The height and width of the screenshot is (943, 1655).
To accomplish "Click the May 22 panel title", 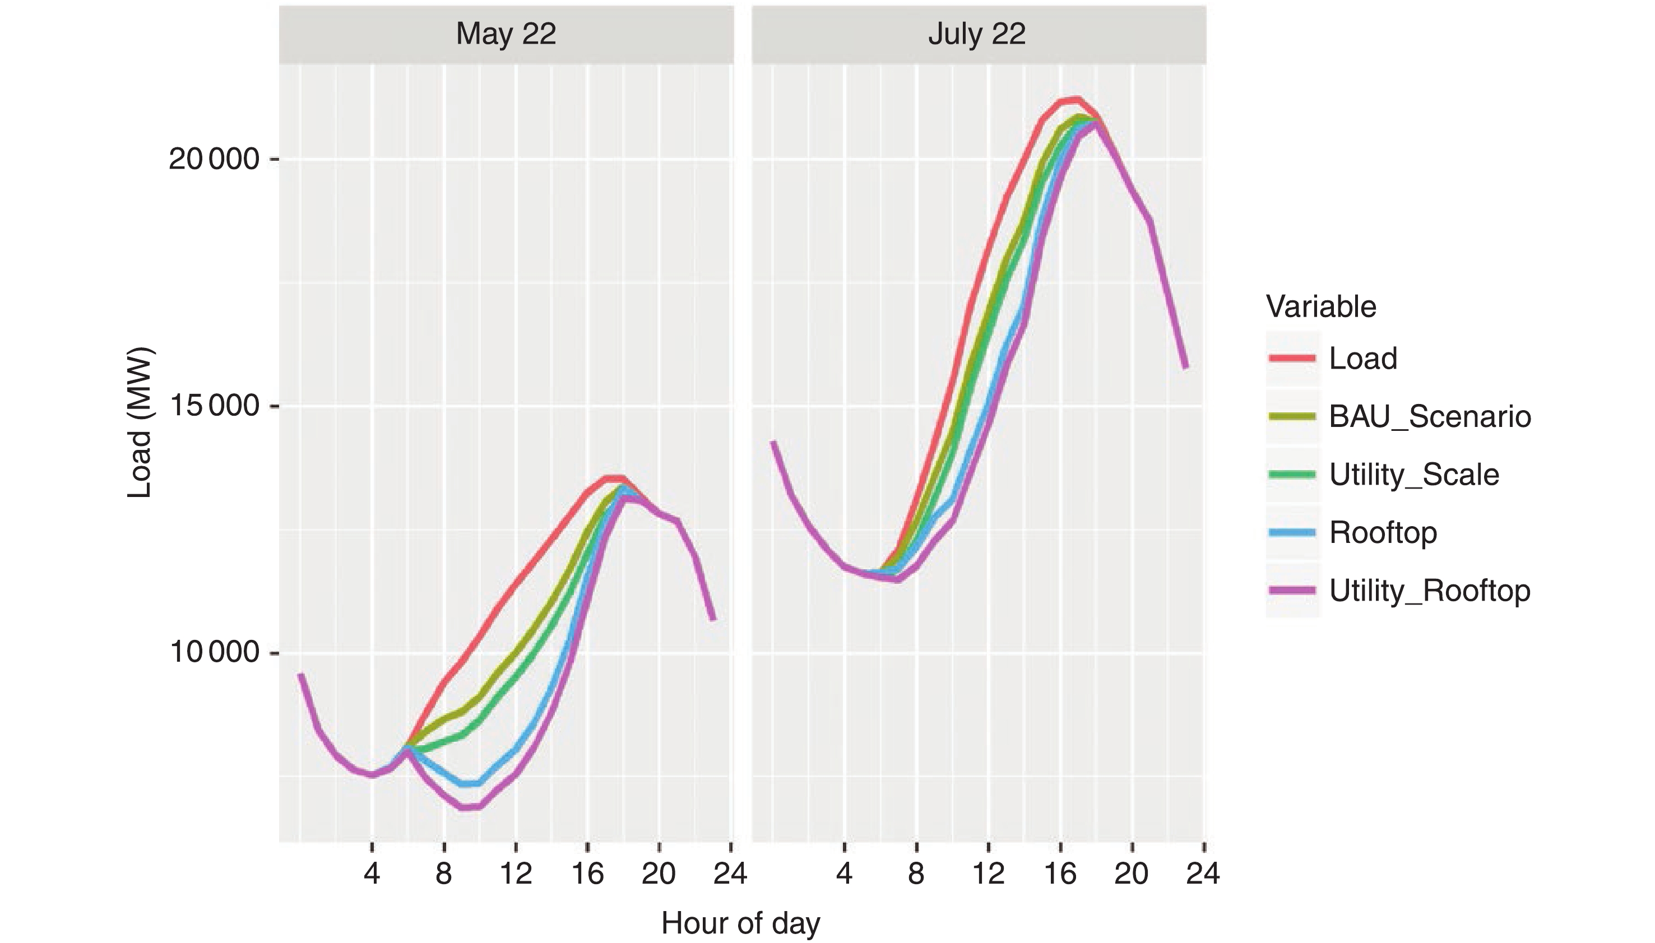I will tap(506, 34).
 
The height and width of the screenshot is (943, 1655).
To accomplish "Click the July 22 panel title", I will tap(977, 34).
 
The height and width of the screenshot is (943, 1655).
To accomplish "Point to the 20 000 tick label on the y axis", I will tap(214, 159).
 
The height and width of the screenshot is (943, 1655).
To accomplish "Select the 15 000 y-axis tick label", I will tap(214, 406).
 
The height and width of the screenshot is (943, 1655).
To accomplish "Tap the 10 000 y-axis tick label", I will tap(214, 652).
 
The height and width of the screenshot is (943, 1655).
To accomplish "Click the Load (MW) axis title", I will tap(139, 423).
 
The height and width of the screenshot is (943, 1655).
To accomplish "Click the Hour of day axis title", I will tap(740, 922).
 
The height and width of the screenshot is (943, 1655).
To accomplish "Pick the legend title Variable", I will tap(1321, 306).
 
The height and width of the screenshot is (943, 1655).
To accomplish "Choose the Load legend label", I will tap(1363, 358).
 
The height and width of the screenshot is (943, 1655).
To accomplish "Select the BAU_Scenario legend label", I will tap(1430, 416).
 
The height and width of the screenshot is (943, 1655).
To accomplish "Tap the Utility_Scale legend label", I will tap(1413, 475).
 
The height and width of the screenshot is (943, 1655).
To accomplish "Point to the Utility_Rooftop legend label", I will tap(1430, 591).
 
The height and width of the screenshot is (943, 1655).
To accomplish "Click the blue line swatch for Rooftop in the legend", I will tap(1292, 532).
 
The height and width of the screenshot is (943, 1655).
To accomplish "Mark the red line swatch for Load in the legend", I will tap(1292, 358).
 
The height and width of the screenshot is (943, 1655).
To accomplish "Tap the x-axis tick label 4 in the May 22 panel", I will tap(371, 874).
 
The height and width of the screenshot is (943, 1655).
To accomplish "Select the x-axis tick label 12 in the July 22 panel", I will tap(988, 874).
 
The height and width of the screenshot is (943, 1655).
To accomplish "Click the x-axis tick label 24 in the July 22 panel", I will tap(1203, 874).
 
